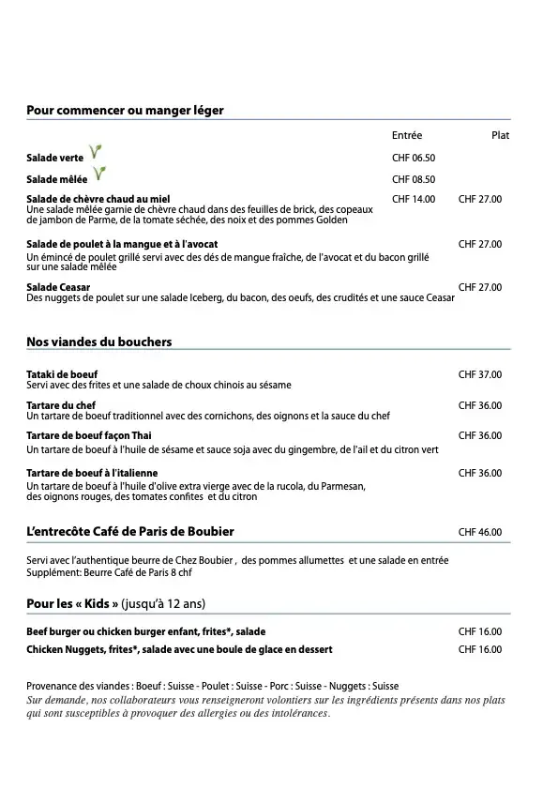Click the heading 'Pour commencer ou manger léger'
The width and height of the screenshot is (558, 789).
pyautogui.click(x=125, y=110)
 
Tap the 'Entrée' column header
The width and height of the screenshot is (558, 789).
pyautogui.click(x=407, y=135)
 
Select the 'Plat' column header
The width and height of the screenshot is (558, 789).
pyautogui.click(x=500, y=135)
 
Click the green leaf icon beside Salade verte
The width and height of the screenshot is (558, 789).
pyautogui.click(x=94, y=153)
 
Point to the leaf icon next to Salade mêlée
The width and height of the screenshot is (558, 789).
pyautogui.click(x=98, y=174)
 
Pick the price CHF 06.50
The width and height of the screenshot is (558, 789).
pyautogui.click(x=414, y=158)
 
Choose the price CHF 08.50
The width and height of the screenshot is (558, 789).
pyautogui.click(x=414, y=178)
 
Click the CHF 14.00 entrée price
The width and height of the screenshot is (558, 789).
pyautogui.click(x=414, y=199)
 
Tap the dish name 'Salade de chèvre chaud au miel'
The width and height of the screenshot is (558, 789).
pyautogui.click(x=98, y=199)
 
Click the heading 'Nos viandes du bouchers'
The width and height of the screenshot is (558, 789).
pyautogui.click(x=99, y=341)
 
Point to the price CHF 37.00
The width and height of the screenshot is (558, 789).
pyautogui.click(x=480, y=374)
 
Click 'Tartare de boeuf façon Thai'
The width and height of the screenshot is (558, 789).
pyautogui.click(x=89, y=435)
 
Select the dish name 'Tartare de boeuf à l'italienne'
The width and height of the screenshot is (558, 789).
pyautogui.click(x=92, y=473)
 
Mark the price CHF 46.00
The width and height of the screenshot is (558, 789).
pyautogui.click(x=480, y=532)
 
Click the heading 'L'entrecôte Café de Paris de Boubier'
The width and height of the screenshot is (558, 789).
pyautogui.click(x=130, y=532)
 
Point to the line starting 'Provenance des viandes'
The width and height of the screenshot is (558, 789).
pyautogui.click(x=213, y=686)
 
